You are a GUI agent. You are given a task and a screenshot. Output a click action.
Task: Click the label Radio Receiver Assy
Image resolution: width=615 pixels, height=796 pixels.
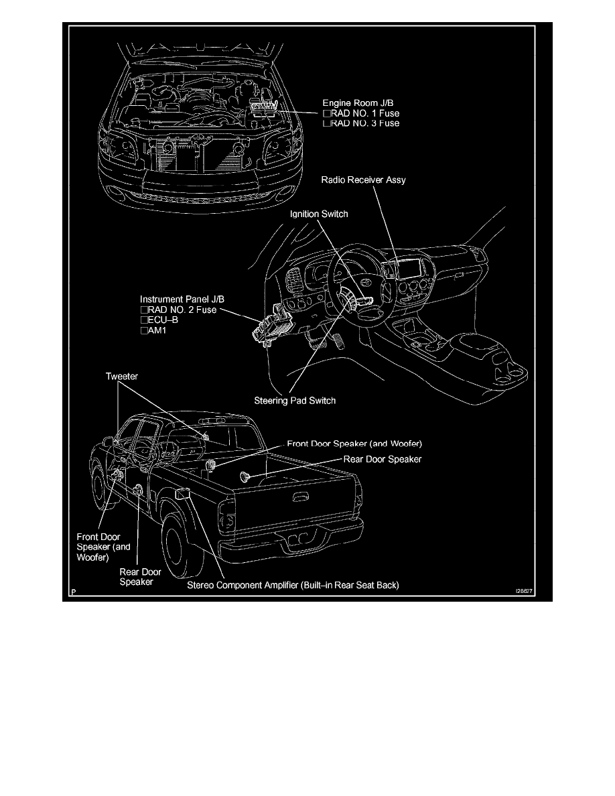click(x=363, y=180)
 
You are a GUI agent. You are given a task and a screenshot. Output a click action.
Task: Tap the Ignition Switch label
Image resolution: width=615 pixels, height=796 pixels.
click(x=319, y=214)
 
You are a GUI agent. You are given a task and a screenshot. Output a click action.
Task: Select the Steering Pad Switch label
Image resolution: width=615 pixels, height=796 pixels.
click(x=294, y=401)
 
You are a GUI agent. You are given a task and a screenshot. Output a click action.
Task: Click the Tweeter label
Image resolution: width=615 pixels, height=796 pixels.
click(x=122, y=377)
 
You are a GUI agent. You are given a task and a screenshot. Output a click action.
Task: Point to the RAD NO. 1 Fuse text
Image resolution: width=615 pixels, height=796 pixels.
click(x=364, y=114)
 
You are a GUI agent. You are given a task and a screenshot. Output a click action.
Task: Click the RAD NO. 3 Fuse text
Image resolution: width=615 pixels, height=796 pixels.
click(x=364, y=123)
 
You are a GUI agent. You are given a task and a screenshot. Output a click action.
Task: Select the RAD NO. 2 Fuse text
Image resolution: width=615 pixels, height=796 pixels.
click(x=182, y=310)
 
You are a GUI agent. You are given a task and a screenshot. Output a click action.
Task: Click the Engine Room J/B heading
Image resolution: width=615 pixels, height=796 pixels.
click(x=354, y=104)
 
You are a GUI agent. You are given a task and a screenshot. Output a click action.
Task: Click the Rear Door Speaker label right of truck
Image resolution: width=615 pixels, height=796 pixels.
click(x=382, y=459)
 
